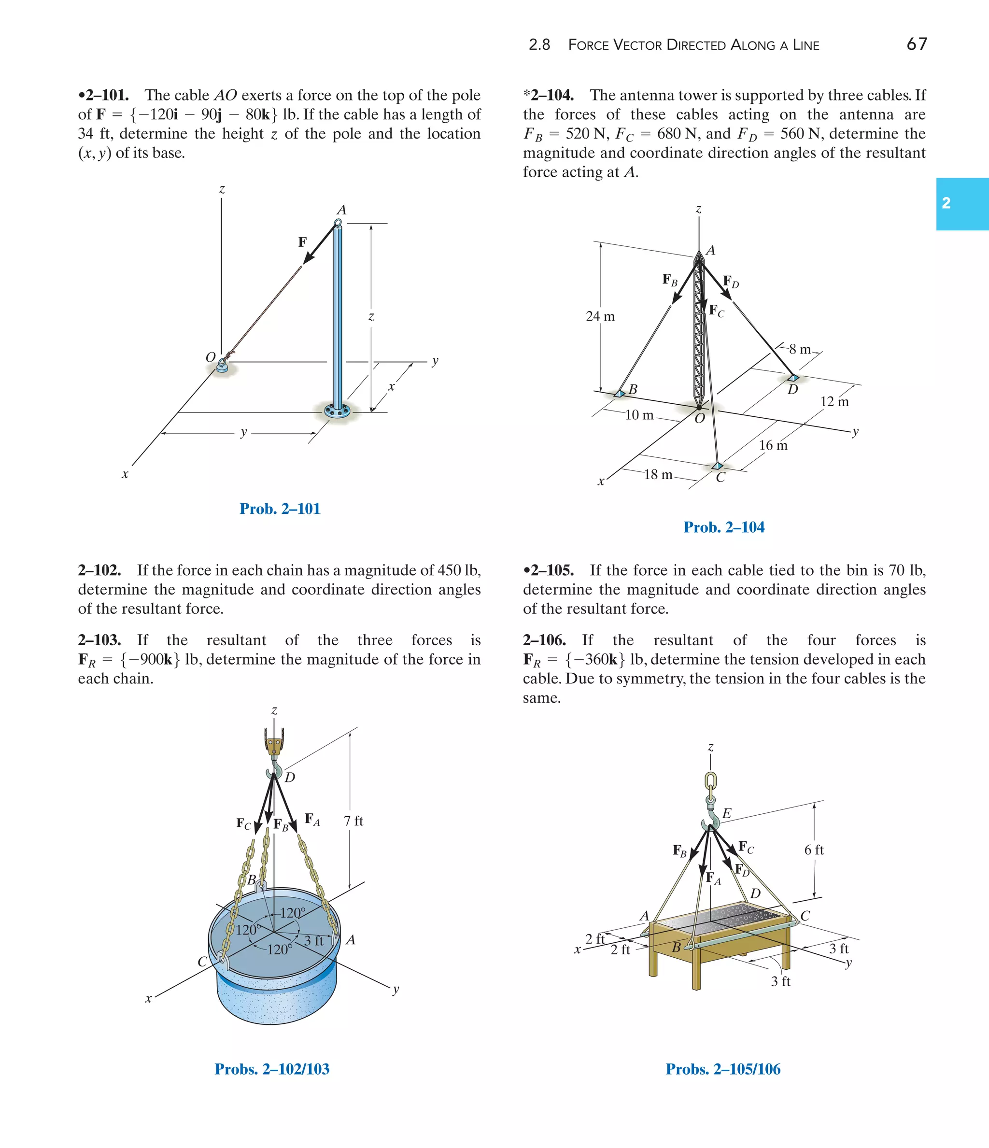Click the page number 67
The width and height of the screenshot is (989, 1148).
(x=917, y=44)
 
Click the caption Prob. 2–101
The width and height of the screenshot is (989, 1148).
(x=280, y=509)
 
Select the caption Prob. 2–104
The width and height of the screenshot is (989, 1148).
(x=723, y=527)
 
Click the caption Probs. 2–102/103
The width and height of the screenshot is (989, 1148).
(x=271, y=1069)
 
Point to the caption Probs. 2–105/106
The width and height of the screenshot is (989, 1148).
(x=722, y=1069)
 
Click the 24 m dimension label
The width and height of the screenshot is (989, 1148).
(x=600, y=316)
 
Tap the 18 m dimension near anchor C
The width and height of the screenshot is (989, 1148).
(x=658, y=475)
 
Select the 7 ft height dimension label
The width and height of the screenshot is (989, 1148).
(x=353, y=821)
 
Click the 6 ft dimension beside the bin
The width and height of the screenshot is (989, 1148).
(x=813, y=850)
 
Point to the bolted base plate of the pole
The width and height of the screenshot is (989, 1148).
(x=338, y=411)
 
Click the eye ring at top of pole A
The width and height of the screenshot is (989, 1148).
(x=338, y=223)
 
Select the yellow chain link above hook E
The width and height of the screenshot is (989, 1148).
(x=711, y=782)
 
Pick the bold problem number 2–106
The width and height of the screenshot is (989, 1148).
(x=544, y=640)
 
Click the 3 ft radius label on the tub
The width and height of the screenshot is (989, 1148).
(x=313, y=941)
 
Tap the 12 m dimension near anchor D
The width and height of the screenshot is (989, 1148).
(x=834, y=402)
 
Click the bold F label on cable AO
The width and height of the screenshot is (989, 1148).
(x=302, y=242)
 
